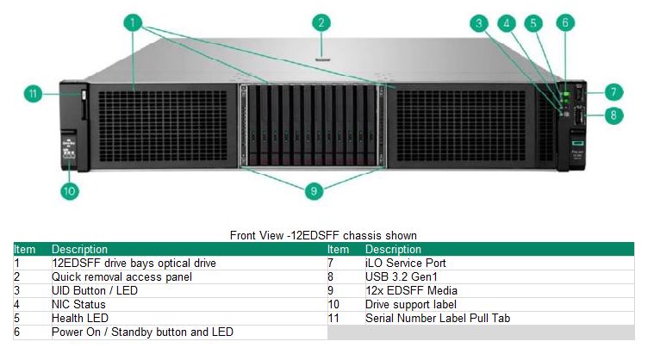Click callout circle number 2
click(321, 23)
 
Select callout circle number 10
click(71, 191)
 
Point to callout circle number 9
click(315, 191)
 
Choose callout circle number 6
click(565, 23)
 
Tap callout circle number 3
click(479, 23)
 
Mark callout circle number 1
click(132, 23)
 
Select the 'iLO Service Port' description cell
click(405, 263)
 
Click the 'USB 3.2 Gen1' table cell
click(401, 276)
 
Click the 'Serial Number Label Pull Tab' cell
click(437, 318)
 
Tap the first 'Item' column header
click(25, 249)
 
